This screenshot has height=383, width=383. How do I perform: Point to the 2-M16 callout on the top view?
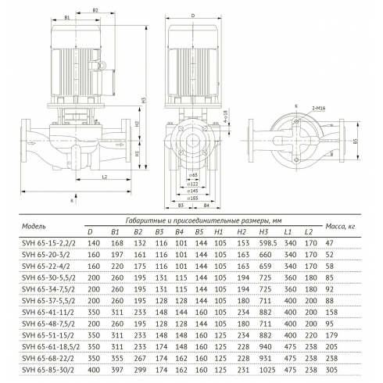point(312,114)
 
